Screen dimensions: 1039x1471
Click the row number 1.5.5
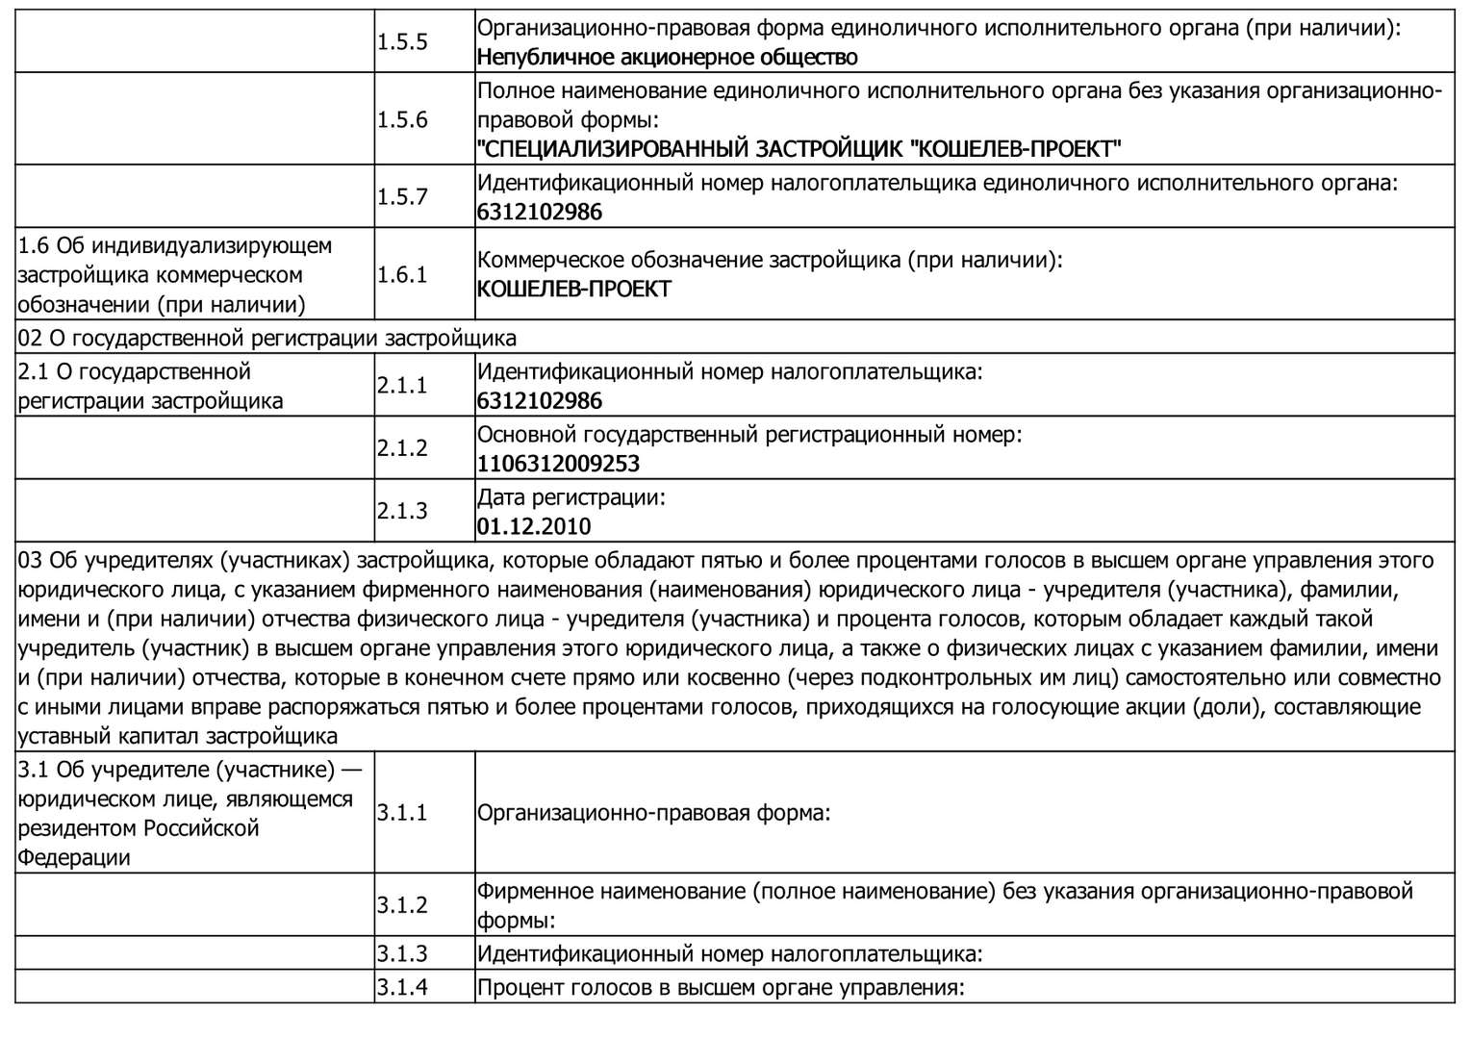coord(402,42)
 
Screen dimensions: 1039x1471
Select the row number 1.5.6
coord(402,120)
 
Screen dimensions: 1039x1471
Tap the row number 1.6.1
coord(402,275)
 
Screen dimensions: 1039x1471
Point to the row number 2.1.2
coord(402,448)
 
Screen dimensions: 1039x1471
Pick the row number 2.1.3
coord(402,511)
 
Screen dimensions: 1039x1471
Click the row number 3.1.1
coord(402,813)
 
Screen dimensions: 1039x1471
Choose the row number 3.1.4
coord(402,987)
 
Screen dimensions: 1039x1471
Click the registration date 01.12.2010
coord(534,527)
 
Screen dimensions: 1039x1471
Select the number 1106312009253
coord(558,464)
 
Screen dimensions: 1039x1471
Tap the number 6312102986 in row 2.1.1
coord(540,401)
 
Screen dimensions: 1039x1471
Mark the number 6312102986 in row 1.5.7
coord(540,212)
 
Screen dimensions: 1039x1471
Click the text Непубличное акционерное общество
coord(667,58)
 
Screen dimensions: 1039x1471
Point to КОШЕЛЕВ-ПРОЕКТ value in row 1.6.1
coord(574,290)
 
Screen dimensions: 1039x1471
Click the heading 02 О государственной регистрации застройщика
coord(267,338)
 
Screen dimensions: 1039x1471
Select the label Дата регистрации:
coord(571,497)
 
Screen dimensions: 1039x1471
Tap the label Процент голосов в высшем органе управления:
coord(721,987)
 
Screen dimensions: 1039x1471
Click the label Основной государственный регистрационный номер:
coord(749,435)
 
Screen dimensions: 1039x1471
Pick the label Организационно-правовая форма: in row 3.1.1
coord(653,813)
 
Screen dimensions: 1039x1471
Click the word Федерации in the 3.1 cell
coord(74,857)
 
